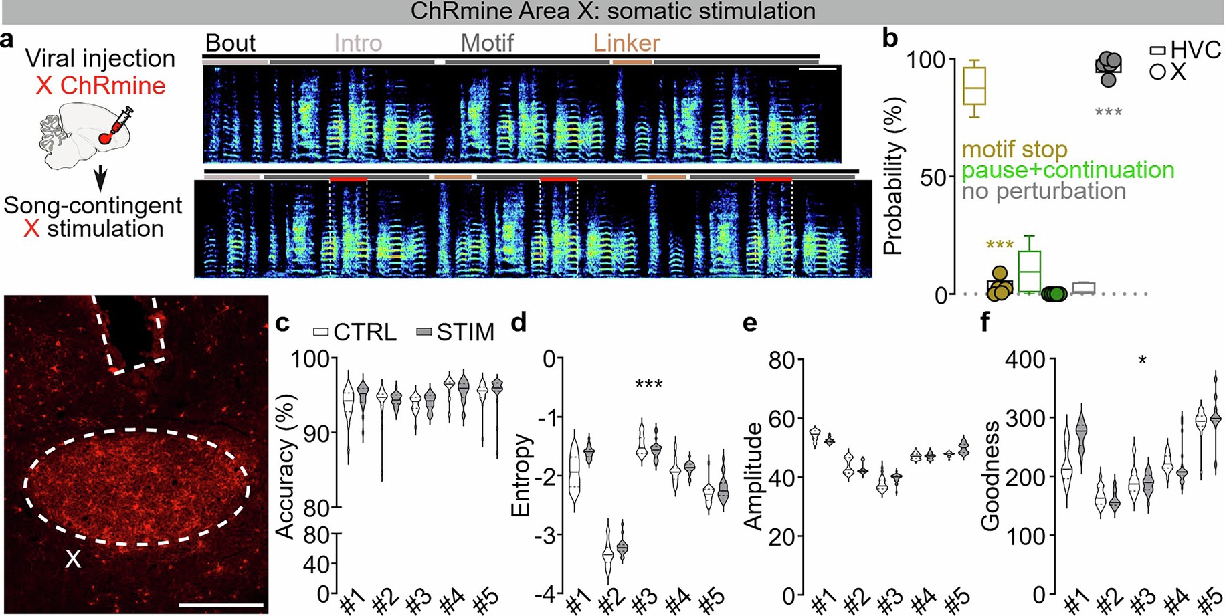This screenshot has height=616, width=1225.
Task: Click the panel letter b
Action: [890, 39]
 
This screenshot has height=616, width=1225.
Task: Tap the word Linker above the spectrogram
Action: [626, 43]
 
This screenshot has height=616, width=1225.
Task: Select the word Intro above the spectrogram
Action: [358, 43]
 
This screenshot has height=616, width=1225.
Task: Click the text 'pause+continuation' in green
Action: [1068, 170]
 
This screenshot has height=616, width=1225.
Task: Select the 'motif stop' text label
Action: [1014, 149]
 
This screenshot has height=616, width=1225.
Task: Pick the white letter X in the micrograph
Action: [72, 559]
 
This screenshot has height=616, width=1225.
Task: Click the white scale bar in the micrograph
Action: [221, 605]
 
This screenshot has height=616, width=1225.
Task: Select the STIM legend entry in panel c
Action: [455, 332]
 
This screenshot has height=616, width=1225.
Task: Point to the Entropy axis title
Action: [521, 476]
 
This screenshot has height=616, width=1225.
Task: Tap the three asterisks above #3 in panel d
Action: [648, 385]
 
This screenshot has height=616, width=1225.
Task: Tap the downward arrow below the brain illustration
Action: [100, 179]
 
